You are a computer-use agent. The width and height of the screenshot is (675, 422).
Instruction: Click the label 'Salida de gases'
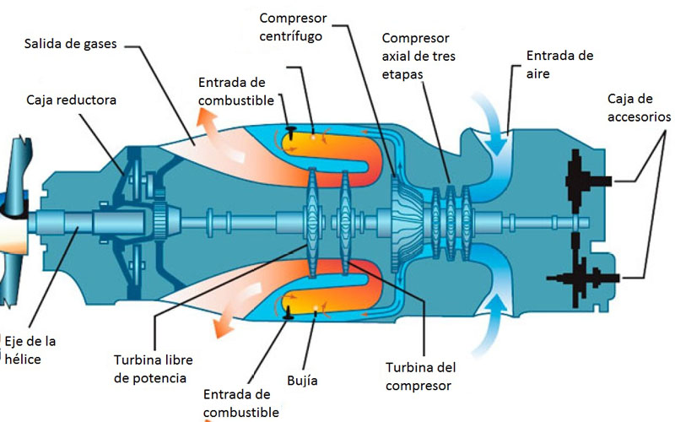70,44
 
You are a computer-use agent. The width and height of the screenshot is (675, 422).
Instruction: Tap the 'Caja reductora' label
71,100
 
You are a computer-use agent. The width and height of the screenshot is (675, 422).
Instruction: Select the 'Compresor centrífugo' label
293,27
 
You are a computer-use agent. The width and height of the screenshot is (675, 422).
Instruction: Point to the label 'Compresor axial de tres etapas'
418,56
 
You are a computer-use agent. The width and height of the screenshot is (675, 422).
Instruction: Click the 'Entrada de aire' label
559,65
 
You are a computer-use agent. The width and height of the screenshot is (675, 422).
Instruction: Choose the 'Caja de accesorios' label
639,108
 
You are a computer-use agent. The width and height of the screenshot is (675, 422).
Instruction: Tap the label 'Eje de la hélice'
30,350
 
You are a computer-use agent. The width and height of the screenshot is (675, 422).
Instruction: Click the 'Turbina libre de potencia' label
154,369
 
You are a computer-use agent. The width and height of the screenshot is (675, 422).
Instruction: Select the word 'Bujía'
302,381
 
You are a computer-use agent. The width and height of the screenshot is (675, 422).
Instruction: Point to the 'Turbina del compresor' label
420,376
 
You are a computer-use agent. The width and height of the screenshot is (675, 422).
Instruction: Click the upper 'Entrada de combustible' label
236,91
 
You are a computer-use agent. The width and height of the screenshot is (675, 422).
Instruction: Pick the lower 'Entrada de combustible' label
241,403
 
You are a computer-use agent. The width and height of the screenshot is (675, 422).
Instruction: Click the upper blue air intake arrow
491,122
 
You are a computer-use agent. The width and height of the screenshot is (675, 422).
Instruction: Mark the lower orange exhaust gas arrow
233,311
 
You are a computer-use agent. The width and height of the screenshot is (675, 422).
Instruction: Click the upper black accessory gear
586,181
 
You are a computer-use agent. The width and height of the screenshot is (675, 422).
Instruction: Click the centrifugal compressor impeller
406,224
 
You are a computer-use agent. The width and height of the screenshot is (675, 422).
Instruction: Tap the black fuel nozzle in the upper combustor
291,133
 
